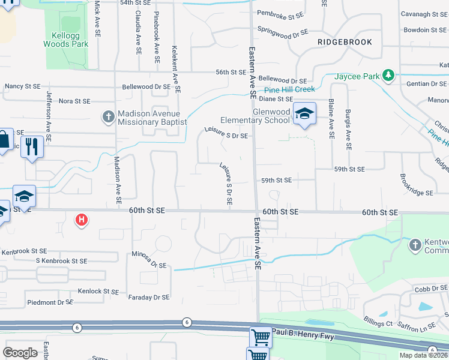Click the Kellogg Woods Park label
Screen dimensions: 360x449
pyautogui.click(x=66, y=40)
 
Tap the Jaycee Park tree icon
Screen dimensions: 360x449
pyautogui.click(x=390, y=75)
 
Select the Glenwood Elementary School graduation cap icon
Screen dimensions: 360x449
pyautogui.click(x=304, y=113)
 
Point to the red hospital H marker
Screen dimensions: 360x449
pyautogui.click(x=82, y=220)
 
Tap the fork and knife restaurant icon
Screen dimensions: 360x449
pyautogui.click(x=32, y=146)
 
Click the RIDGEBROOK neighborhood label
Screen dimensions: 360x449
pyautogui.click(x=345, y=42)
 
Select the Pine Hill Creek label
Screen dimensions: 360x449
pyautogui.click(x=291, y=89)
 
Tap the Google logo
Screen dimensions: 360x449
pyautogui.click(x=20, y=352)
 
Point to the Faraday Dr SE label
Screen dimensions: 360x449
pyautogui.click(x=149, y=297)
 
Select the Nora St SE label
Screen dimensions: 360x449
pyautogui.click(x=74, y=101)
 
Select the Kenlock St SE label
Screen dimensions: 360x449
pyautogui.click(x=94, y=291)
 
